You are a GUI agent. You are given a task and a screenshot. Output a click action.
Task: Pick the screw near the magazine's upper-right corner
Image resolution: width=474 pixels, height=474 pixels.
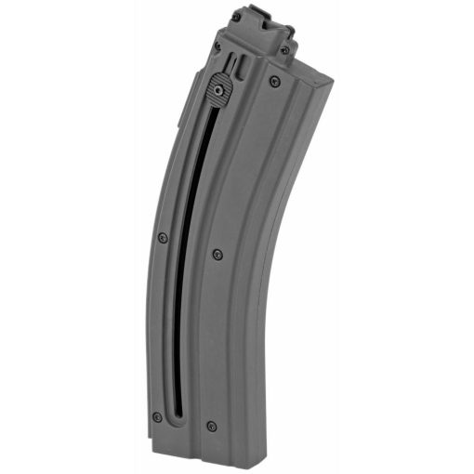273,81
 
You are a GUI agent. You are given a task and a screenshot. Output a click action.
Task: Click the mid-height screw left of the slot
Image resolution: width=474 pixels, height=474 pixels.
163,238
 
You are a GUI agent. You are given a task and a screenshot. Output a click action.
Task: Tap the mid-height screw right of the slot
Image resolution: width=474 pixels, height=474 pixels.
218,253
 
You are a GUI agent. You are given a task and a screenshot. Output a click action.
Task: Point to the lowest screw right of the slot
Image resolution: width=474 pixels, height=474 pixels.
213,426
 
